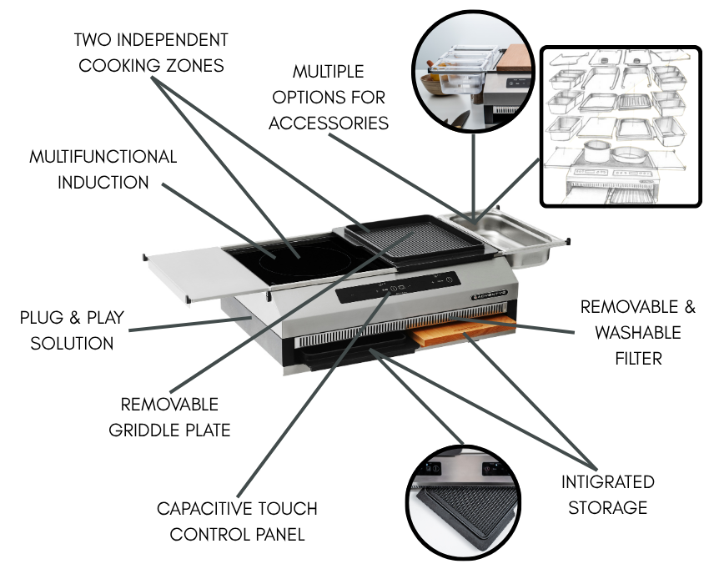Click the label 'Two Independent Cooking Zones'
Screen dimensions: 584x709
click(x=151, y=52)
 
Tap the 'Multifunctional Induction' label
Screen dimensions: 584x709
click(x=103, y=169)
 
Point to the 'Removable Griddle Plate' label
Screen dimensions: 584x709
click(x=169, y=417)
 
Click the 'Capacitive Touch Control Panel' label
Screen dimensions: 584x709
click(x=238, y=521)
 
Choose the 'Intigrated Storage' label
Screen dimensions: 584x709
click(x=607, y=495)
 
